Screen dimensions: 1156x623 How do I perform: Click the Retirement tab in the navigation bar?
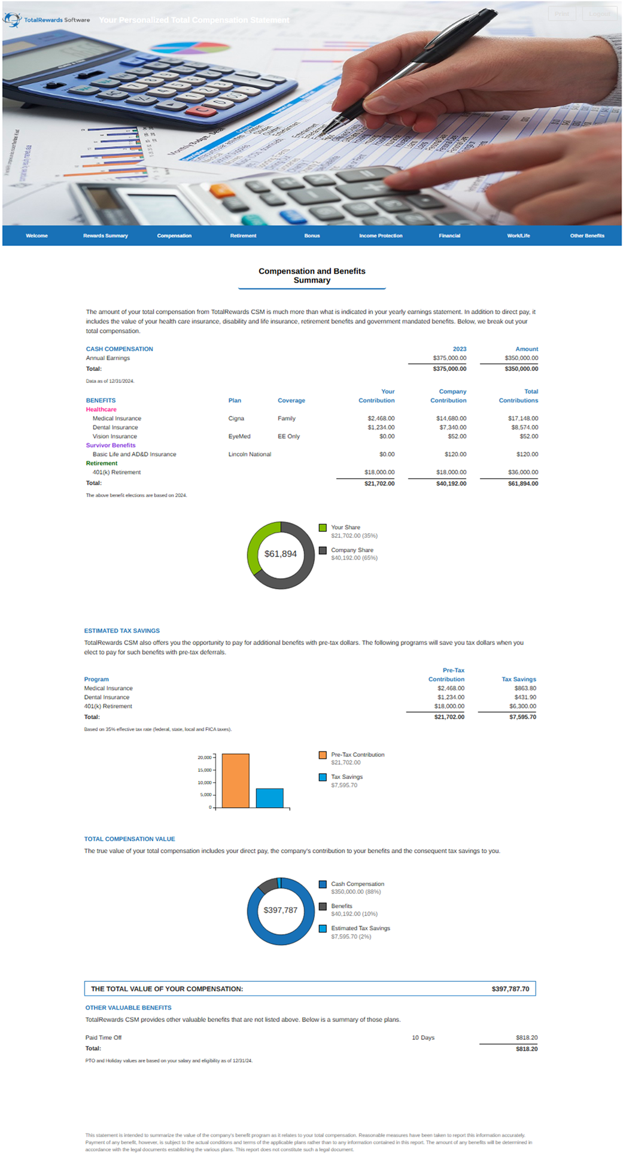(x=243, y=236)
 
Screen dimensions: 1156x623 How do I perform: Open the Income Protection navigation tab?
(x=381, y=236)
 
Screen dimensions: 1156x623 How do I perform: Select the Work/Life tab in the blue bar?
(x=518, y=236)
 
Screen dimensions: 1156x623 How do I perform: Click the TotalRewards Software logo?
(x=46, y=20)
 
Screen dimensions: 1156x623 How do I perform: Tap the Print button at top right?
(x=561, y=14)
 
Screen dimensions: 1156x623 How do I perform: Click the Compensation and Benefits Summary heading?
(x=312, y=276)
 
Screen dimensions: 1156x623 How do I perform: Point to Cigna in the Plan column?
(x=236, y=418)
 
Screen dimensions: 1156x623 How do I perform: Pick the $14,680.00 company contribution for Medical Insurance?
(x=451, y=418)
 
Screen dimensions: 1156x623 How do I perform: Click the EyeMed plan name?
(x=239, y=436)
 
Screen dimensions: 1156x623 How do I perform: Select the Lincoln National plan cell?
(x=250, y=454)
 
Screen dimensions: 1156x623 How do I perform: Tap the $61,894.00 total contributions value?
(x=522, y=483)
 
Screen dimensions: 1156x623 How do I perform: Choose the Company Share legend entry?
(x=352, y=550)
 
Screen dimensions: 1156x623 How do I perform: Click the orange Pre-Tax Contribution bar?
(x=235, y=780)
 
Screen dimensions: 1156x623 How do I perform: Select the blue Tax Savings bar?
(x=269, y=798)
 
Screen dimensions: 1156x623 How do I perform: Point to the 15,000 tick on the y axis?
(x=204, y=770)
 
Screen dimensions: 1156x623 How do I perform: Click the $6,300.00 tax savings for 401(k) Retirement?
(x=522, y=706)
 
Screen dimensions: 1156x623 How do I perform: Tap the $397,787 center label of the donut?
(x=281, y=910)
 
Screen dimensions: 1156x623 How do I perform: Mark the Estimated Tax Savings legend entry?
(x=360, y=928)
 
